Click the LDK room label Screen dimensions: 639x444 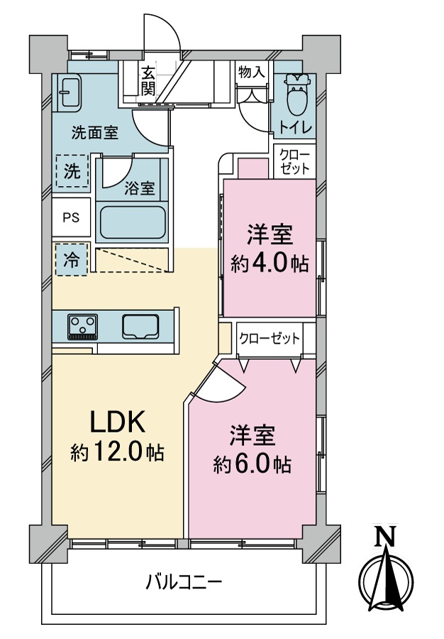pos(117,423)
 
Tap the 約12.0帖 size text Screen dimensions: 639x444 pos(117,452)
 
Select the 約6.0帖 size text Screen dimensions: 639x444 pos(252,464)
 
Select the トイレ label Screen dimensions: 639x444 pos(294,129)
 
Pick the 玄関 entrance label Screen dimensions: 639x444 pos(148,80)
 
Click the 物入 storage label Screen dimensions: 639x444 pos(252,72)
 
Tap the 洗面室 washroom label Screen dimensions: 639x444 pos(94,131)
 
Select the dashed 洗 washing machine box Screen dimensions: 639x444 pos(72,171)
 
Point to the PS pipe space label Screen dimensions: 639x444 pos(71,218)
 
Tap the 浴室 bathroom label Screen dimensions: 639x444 pos(139,188)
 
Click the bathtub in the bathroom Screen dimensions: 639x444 pos(133,223)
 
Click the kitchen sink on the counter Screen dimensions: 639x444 pos(142,327)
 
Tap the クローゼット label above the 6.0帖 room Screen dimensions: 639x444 pos(269,339)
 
